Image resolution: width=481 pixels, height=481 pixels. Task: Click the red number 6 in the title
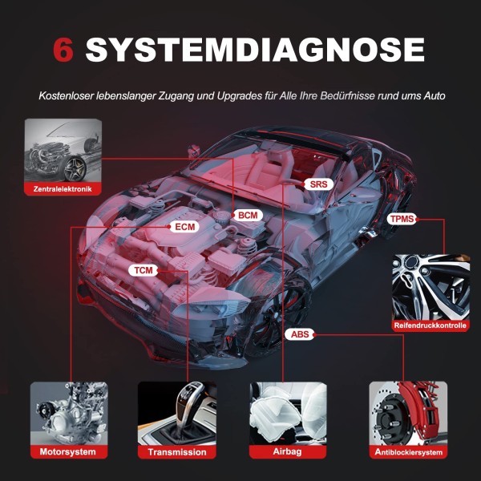64,50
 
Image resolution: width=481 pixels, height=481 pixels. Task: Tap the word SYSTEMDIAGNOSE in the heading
255,50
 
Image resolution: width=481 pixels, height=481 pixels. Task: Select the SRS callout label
317,184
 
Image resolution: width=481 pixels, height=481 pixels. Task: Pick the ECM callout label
184,227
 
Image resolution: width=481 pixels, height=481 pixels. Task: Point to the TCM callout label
143,270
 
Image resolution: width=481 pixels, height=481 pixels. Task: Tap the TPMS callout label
402,219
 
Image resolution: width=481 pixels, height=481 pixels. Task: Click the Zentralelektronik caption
63,190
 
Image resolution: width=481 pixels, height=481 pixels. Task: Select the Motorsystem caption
68,452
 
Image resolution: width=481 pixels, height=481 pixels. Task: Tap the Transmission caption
176,452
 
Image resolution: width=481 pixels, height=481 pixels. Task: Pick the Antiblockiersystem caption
408,452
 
